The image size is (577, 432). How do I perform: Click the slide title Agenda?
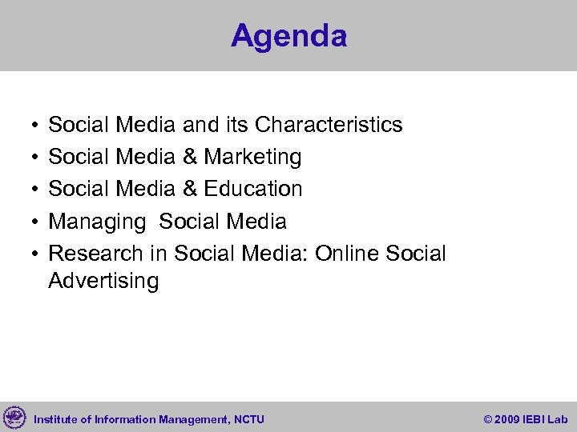(x=288, y=36)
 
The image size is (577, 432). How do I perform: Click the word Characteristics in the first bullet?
(x=329, y=125)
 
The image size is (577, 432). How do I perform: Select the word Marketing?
(x=252, y=157)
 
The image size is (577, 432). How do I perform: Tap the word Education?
(x=253, y=189)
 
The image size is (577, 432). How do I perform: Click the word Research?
(x=96, y=254)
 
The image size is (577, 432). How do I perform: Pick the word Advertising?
(x=103, y=281)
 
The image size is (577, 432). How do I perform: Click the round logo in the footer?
(x=14, y=418)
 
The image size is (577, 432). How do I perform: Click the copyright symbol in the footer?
(x=489, y=419)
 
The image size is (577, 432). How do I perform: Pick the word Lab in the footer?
(x=559, y=419)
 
